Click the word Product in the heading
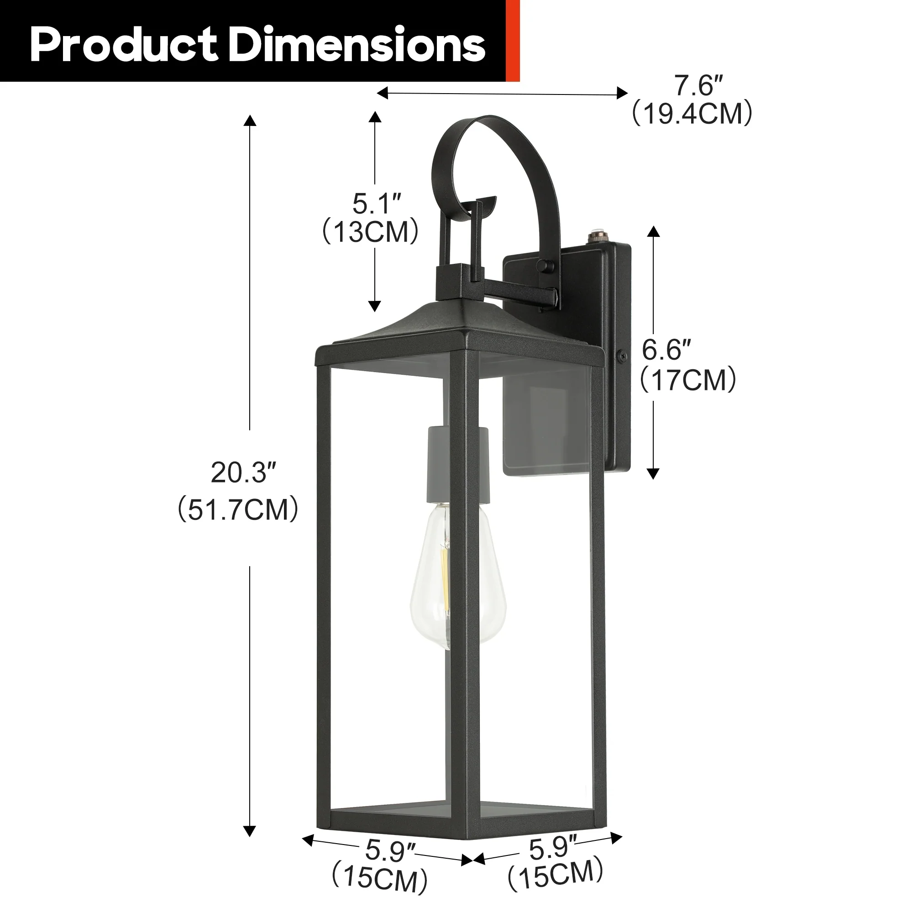coord(124,45)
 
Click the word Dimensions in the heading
coord(359,44)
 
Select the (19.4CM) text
coord(693,114)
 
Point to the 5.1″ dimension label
coord(377,204)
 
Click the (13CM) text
coord(371,231)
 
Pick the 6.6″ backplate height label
coord(666,350)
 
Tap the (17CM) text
coord(688,380)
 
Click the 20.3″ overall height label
coord(243,472)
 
